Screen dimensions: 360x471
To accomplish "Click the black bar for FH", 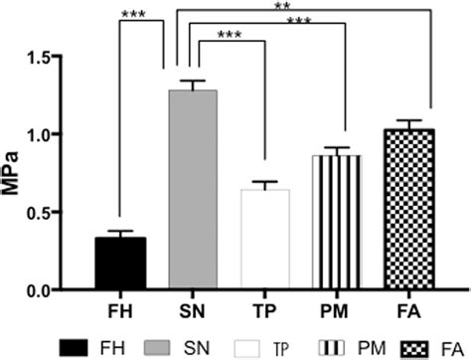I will coord(120,264).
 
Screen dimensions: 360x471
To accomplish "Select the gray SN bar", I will coord(193,189).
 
